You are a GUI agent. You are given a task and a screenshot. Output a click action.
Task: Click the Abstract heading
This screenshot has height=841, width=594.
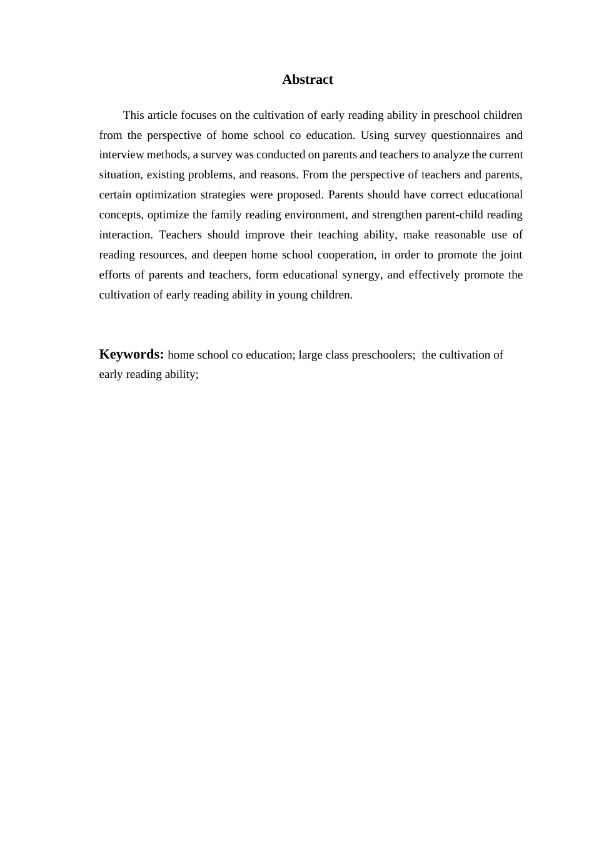tap(307, 79)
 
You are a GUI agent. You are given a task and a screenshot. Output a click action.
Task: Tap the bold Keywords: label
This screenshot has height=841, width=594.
tap(131, 354)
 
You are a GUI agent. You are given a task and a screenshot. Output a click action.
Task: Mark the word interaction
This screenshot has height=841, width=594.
tap(125, 235)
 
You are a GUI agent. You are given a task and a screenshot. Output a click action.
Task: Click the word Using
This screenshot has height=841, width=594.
tap(375, 135)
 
